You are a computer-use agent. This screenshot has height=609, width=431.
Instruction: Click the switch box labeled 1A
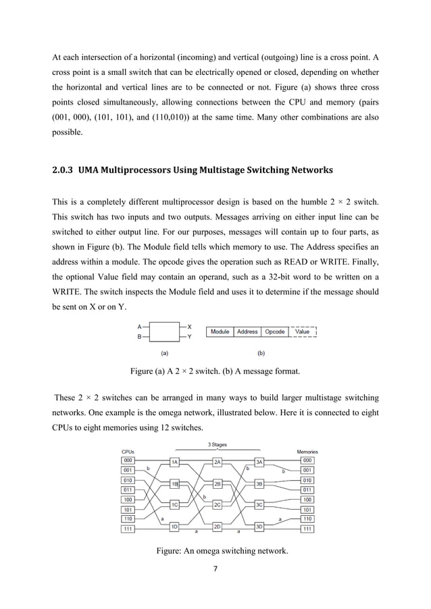click(x=174, y=462)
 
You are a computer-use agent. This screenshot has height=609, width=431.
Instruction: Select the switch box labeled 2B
click(x=218, y=484)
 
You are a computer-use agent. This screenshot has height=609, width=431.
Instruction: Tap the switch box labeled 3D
click(x=259, y=526)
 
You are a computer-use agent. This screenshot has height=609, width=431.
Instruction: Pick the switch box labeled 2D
click(x=218, y=526)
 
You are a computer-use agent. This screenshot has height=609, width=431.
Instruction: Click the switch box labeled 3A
click(x=259, y=462)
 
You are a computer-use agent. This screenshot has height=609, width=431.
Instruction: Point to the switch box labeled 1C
click(x=174, y=504)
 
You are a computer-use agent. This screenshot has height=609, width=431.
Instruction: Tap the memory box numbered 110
click(x=307, y=519)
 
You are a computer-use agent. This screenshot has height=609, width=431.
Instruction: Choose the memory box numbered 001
click(x=307, y=470)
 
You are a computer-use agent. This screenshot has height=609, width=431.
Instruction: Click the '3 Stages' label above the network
click(x=218, y=444)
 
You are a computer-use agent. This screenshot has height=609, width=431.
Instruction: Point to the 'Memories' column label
click(x=307, y=452)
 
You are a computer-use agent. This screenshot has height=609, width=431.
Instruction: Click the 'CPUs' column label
click(x=127, y=452)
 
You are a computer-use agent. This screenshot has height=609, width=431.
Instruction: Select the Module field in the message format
click(x=220, y=332)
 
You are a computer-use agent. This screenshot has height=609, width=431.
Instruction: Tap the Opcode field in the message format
click(x=274, y=332)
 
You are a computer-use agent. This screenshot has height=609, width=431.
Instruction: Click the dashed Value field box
click(x=303, y=332)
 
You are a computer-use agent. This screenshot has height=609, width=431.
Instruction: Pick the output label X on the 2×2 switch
click(x=189, y=327)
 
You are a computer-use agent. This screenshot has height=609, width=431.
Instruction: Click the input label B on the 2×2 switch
click(x=139, y=336)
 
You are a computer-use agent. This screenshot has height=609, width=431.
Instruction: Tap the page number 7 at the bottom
click(x=215, y=568)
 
